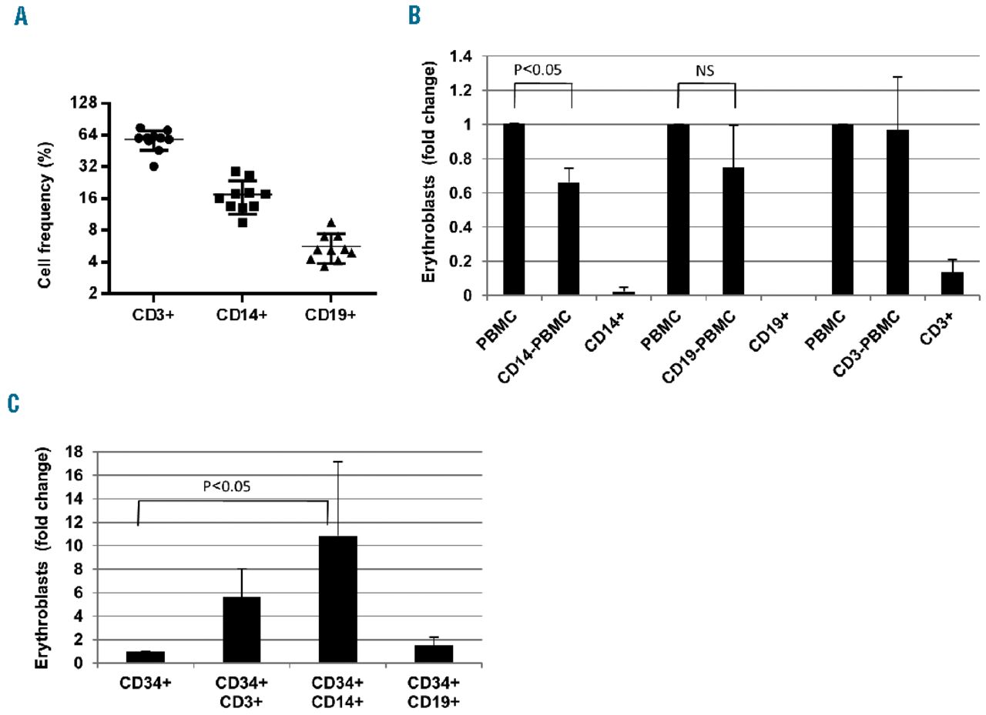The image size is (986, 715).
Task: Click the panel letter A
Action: click(x=21, y=17)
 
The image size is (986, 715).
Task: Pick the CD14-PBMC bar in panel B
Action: click(x=568, y=239)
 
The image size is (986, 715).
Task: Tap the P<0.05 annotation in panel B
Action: click(x=538, y=69)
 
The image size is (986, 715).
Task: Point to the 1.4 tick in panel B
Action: click(x=464, y=56)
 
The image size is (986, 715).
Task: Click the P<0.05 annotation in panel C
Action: click(x=229, y=486)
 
